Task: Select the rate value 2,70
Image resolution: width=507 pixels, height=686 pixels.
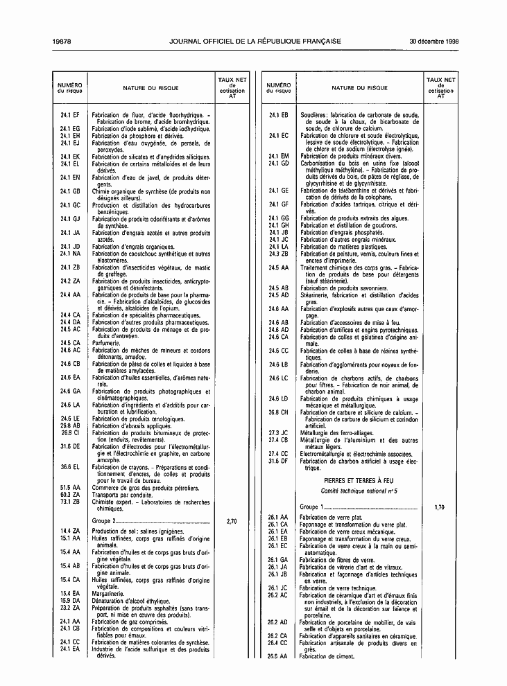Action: click(232, 520)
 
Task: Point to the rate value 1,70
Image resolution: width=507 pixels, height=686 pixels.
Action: click(439, 508)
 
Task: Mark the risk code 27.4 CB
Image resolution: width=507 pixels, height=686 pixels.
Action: click(278, 439)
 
